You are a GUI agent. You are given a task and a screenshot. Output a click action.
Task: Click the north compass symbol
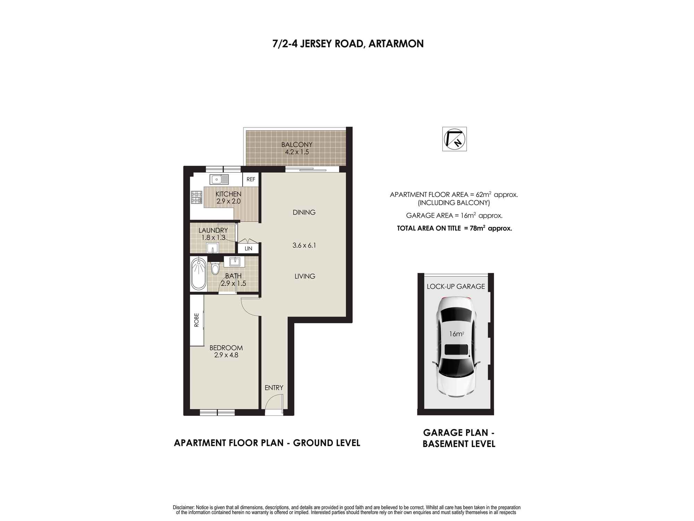[x=454, y=139]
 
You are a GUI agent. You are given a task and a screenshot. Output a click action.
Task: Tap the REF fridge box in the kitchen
[x=251, y=179]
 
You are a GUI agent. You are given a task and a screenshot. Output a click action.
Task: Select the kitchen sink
[x=219, y=179]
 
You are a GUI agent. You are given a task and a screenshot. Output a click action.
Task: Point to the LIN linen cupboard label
[x=248, y=248]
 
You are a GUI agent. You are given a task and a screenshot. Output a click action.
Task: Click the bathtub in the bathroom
[x=198, y=273]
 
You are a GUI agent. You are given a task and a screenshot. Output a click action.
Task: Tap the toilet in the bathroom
[x=215, y=268]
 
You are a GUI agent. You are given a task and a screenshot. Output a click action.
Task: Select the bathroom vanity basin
[x=235, y=261]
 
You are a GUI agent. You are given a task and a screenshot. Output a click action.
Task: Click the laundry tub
[x=212, y=248]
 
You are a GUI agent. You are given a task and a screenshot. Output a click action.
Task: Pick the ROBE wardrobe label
[x=197, y=320]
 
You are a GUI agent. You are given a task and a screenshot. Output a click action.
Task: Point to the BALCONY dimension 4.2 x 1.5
[x=297, y=152]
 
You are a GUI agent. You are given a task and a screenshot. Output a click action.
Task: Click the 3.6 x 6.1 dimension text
[x=304, y=245]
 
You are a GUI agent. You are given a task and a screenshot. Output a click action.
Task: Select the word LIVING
[x=305, y=276]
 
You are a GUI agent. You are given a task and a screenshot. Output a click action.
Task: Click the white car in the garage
[x=456, y=346]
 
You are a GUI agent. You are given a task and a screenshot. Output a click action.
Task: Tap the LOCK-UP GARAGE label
[x=456, y=287]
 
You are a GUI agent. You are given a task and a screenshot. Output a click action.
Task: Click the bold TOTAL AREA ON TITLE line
[x=454, y=228]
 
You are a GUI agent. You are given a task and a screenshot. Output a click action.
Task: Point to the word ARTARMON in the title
[x=396, y=44]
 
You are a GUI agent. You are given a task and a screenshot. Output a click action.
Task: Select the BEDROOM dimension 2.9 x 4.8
[x=226, y=355]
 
